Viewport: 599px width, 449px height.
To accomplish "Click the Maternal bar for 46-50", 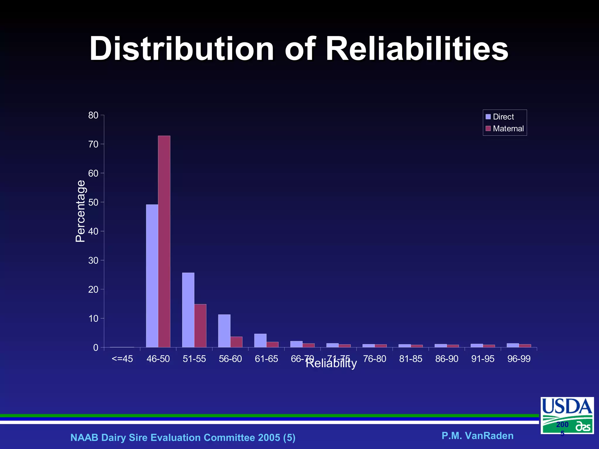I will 164,241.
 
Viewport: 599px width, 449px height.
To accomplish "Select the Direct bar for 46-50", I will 152,276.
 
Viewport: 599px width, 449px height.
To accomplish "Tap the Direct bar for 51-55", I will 188,310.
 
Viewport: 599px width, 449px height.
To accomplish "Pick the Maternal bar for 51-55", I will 200,326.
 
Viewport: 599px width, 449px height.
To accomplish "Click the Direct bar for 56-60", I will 224,331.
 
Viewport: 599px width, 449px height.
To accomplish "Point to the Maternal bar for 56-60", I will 236,342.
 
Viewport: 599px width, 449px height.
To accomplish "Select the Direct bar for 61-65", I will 260,341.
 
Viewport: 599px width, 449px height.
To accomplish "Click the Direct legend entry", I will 500,117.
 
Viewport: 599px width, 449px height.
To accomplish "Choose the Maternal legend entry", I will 505,129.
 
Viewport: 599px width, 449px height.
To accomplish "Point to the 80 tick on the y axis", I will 93,115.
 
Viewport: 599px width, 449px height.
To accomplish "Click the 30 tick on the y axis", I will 93,260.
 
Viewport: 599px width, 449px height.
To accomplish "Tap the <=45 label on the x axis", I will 122,359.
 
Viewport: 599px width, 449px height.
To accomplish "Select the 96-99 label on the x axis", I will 519,359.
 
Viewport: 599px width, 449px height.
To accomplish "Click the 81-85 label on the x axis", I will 411,359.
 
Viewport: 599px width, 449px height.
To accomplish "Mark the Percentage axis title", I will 80,211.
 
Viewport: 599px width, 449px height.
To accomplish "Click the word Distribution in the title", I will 182,49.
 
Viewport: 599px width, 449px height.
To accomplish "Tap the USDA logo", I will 567,415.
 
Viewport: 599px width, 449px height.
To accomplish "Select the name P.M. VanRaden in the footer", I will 477,436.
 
